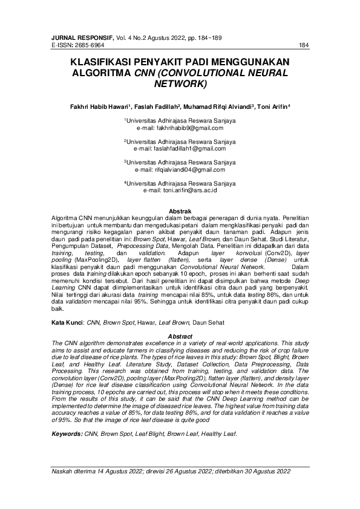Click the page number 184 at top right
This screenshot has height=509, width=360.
(304, 45)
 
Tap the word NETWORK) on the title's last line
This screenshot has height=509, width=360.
(180, 83)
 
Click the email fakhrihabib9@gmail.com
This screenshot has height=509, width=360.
(189, 128)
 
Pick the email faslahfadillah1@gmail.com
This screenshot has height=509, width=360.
(189, 148)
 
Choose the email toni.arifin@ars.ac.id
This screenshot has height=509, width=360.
(189, 190)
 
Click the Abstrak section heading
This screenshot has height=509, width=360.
(180, 210)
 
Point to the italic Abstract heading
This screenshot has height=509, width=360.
(180, 336)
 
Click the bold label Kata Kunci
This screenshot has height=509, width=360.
(65, 323)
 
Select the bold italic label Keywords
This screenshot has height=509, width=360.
(67, 433)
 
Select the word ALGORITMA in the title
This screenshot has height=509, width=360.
(101, 73)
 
